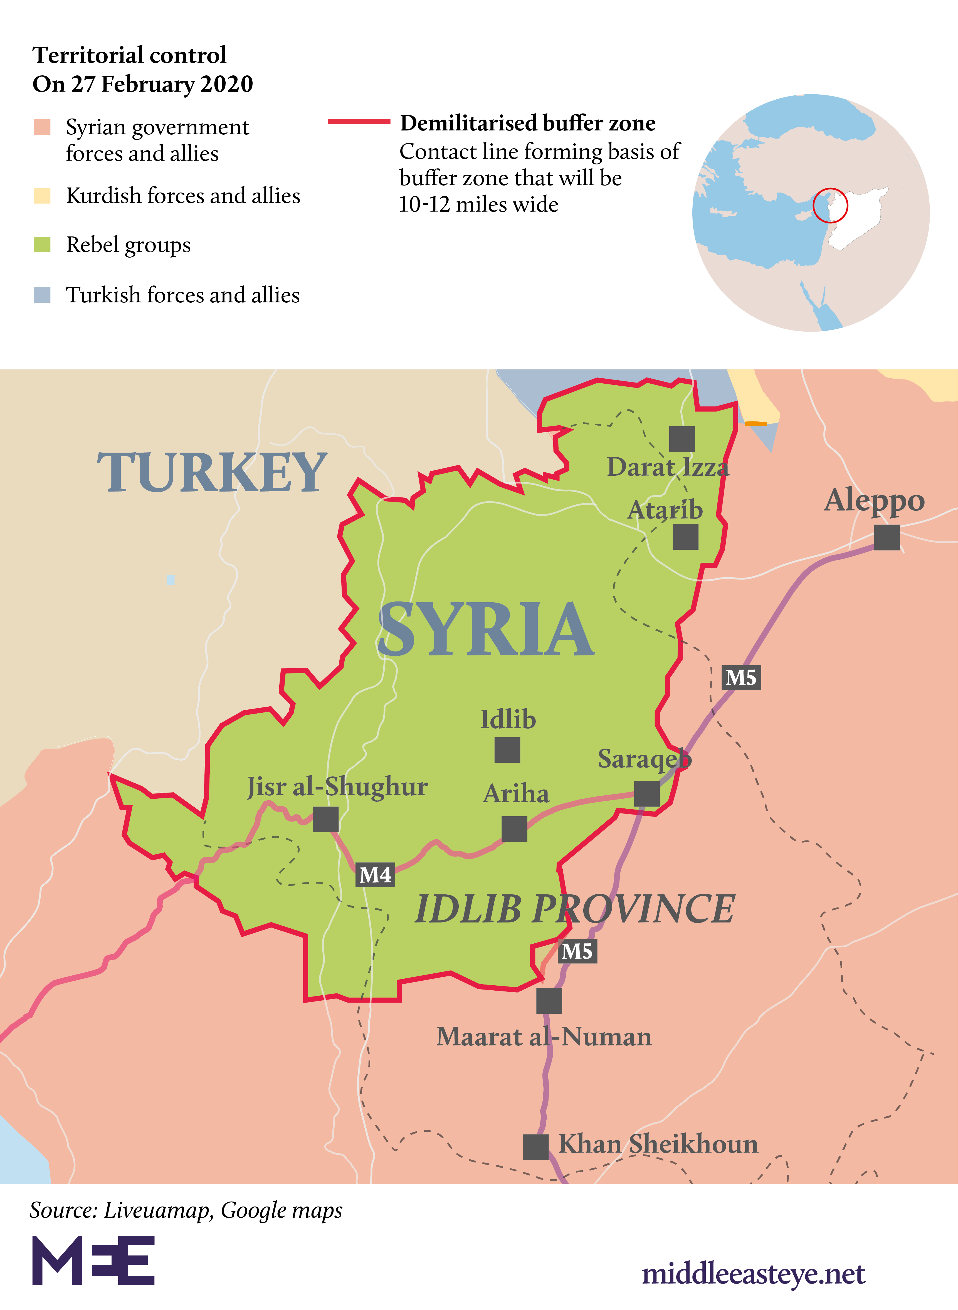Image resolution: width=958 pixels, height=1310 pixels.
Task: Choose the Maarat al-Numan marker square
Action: (x=549, y=1001)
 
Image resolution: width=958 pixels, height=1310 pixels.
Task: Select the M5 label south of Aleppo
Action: (x=741, y=677)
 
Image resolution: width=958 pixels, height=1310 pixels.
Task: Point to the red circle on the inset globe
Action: (x=830, y=205)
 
